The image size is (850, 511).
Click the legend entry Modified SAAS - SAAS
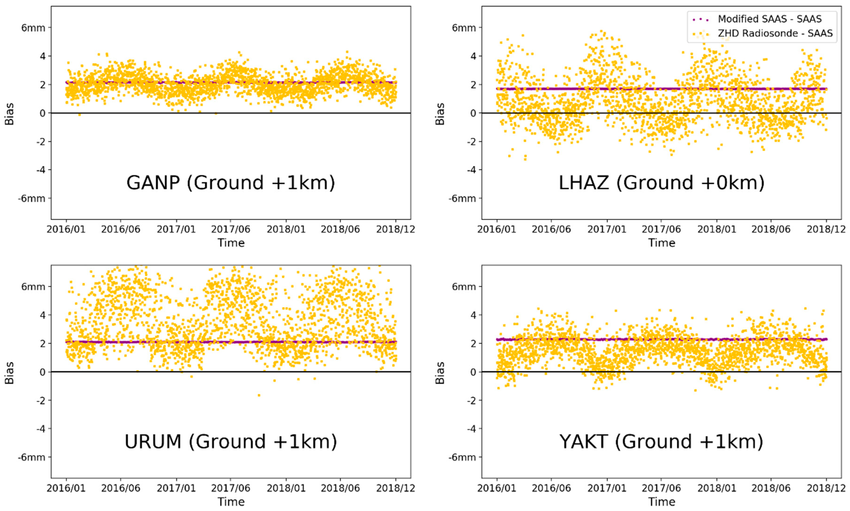pyautogui.click(x=770, y=19)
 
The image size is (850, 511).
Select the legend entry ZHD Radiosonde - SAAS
pyautogui.click(x=775, y=33)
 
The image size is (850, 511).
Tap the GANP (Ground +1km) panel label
pyautogui.click(x=231, y=182)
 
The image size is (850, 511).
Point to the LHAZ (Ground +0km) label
pyautogui.click(x=661, y=182)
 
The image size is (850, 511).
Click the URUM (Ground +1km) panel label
pyautogui.click(x=231, y=442)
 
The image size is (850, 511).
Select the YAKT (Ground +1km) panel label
pyautogui.click(x=661, y=442)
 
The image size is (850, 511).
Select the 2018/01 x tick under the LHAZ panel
pyautogui.click(x=717, y=229)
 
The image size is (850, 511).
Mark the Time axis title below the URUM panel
pyautogui.click(x=231, y=502)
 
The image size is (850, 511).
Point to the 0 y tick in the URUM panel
pyautogui.click(x=42, y=372)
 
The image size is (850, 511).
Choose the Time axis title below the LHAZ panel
pyautogui.click(x=662, y=243)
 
